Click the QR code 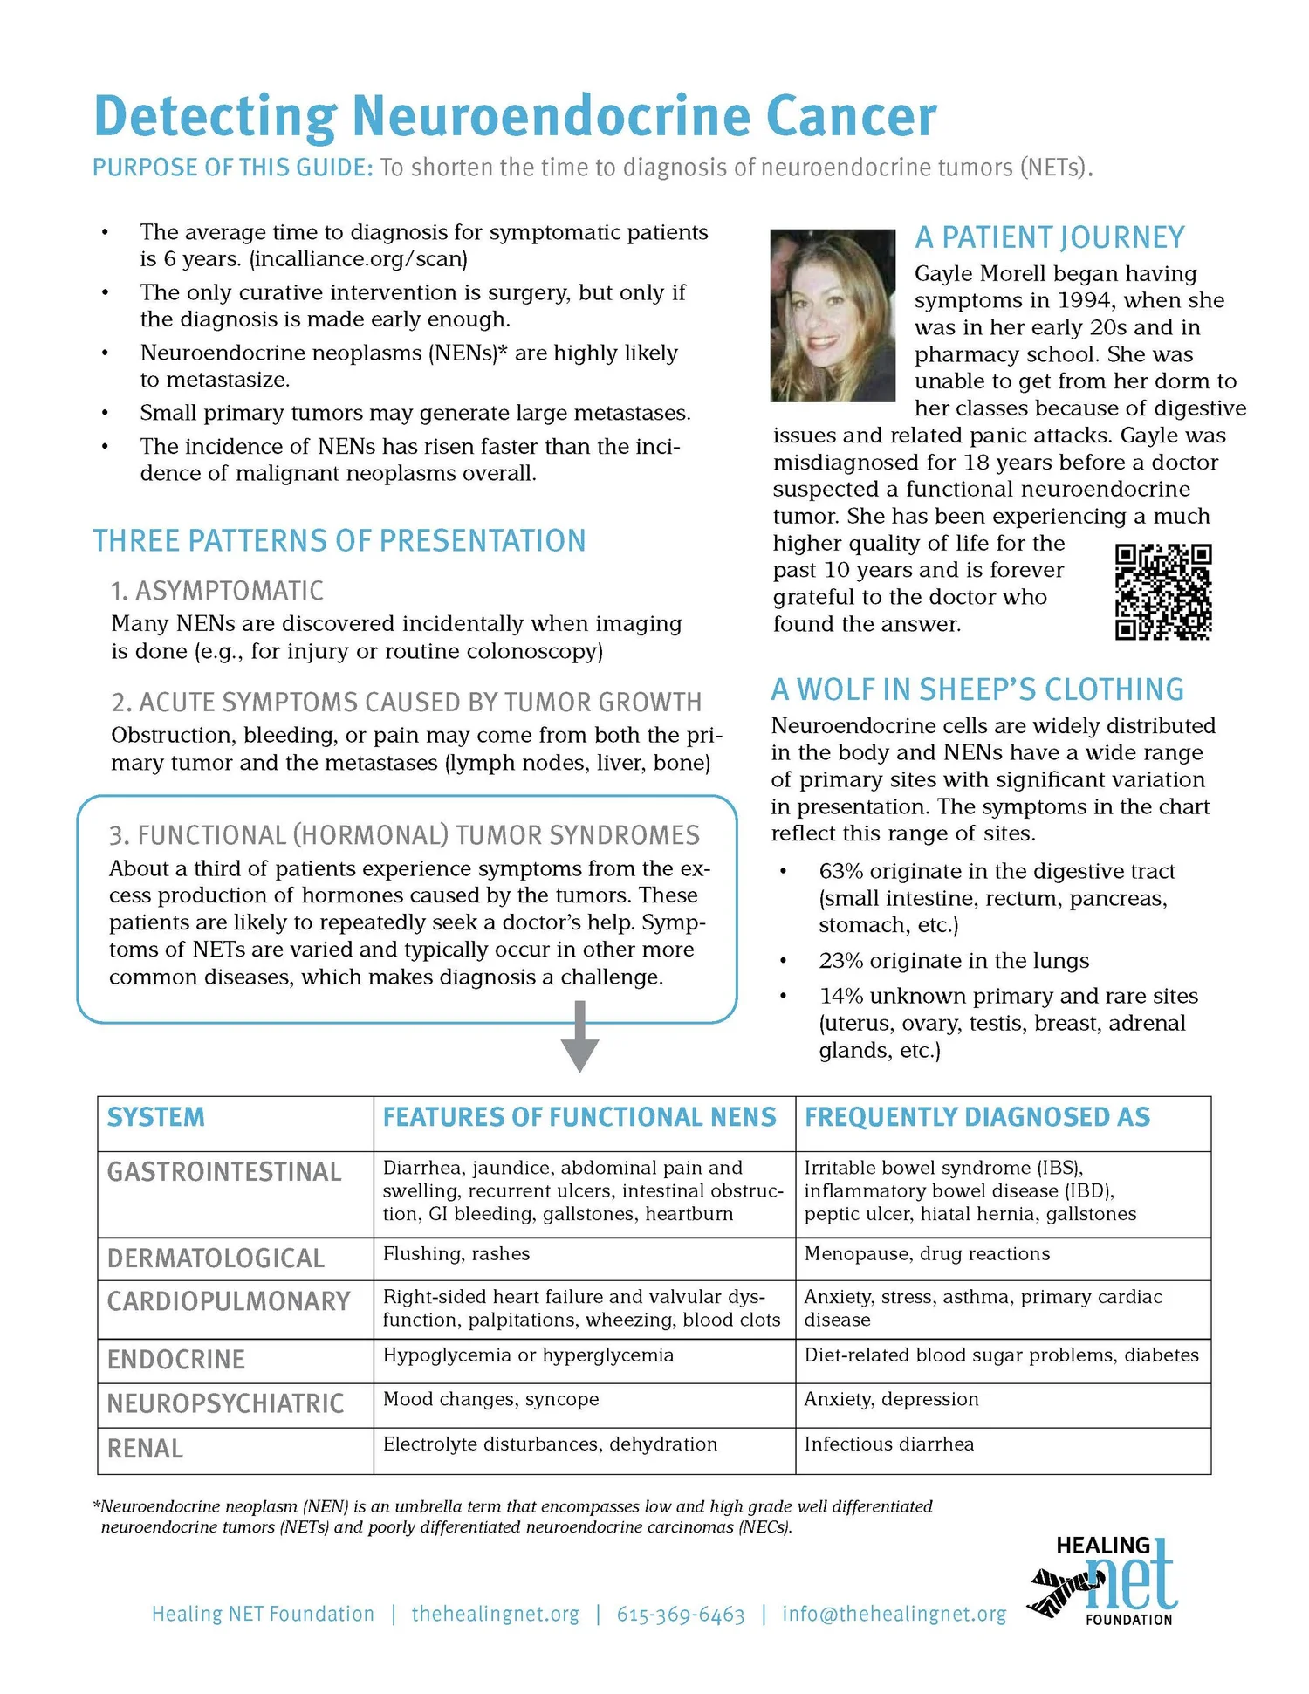pyautogui.click(x=1163, y=592)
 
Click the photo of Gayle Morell pyautogui.click(x=833, y=315)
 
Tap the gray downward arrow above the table pyautogui.click(x=579, y=1037)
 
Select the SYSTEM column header pyautogui.click(x=156, y=1117)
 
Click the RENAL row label pyautogui.click(x=145, y=1449)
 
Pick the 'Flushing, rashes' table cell pyautogui.click(x=456, y=1254)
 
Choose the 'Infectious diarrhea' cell pyautogui.click(x=888, y=1444)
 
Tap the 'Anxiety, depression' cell pyautogui.click(x=891, y=1399)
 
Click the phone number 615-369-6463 pyautogui.click(x=681, y=1615)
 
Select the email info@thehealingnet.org pyautogui.click(x=894, y=1615)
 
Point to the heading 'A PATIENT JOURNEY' pyautogui.click(x=1049, y=237)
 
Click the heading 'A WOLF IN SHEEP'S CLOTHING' pyautogui.click(x=977, y=689)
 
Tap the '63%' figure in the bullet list pyautogui.click(x=840, y=871)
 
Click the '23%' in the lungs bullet pyautogui.click(x=840, y=961)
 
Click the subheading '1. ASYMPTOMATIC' pyautogui.click(x=216, y=591)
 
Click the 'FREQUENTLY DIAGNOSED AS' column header pyautogui.click(x=977, y=1117)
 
